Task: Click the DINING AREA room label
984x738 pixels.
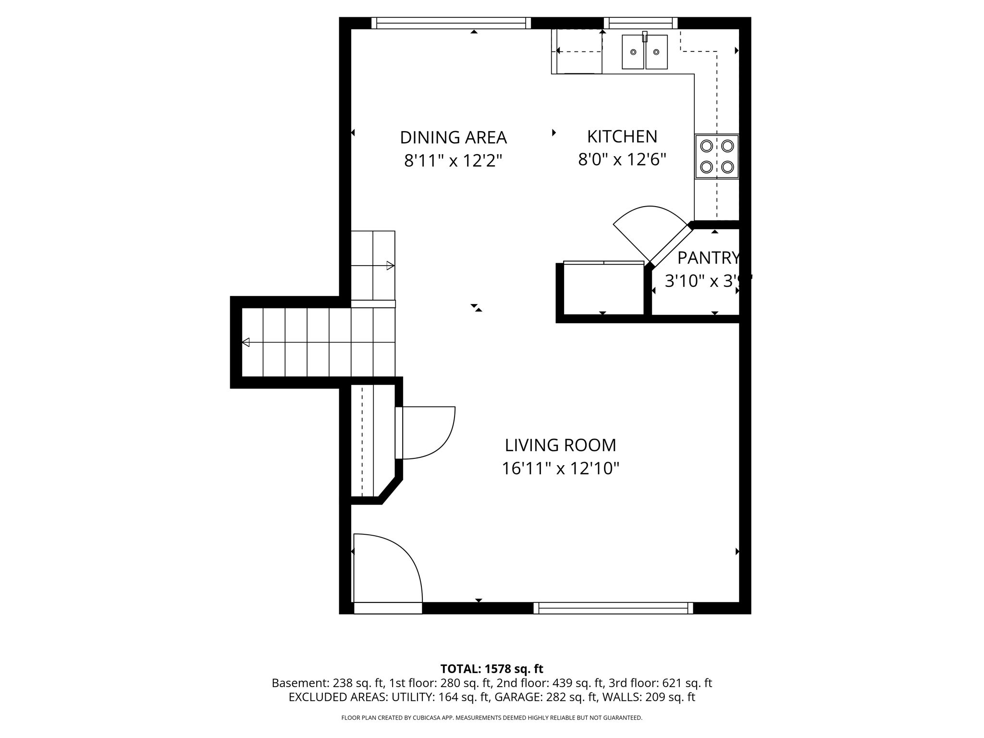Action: [453, 137]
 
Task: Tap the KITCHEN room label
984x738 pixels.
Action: [622, 136]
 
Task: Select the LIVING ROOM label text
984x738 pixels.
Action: [560, 445]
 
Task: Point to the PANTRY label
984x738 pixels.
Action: [708, 258]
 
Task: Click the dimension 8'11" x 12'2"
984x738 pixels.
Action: [453, 160]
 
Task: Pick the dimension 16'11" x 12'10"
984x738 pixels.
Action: [560, 468]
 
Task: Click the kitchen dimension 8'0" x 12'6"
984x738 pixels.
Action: [622, 160]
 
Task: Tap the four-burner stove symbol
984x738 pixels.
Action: [716, 157]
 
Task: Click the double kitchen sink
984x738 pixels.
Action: [644, 52]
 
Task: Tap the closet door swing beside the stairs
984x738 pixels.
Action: [428, 432]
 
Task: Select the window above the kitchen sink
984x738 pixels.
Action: [640, 23]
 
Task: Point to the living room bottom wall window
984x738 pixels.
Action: [613, 608]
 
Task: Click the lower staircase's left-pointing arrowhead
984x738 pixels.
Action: [246, 342]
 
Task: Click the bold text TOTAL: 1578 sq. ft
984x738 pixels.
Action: [492, 669]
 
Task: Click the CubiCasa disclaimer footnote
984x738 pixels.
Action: [492, 718]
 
